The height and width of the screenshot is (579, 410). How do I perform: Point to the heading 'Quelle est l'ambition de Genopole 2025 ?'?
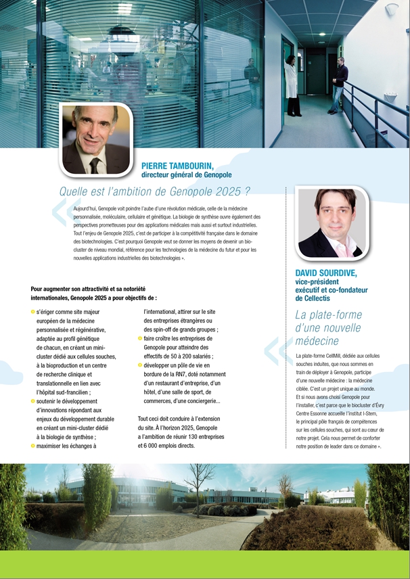(x=155, y=191)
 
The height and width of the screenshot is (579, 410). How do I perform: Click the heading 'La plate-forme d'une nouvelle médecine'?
(x=328, y=327)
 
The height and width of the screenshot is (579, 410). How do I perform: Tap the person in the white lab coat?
(x=292, y=85)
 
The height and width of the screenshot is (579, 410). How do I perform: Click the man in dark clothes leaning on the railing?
(x=338, y=85)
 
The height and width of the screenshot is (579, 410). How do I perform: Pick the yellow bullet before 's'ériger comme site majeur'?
(x=33, y=312)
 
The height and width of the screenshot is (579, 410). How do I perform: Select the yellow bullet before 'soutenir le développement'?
(x=33, y=401)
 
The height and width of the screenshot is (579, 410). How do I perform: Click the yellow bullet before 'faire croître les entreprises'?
(x=140, y=338)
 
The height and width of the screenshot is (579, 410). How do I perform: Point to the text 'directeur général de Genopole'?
(x=186, y=175)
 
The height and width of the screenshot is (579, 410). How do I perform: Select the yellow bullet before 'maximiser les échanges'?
(x=33, y=446)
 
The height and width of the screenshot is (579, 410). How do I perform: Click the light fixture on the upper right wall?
(x=390, y=9)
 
